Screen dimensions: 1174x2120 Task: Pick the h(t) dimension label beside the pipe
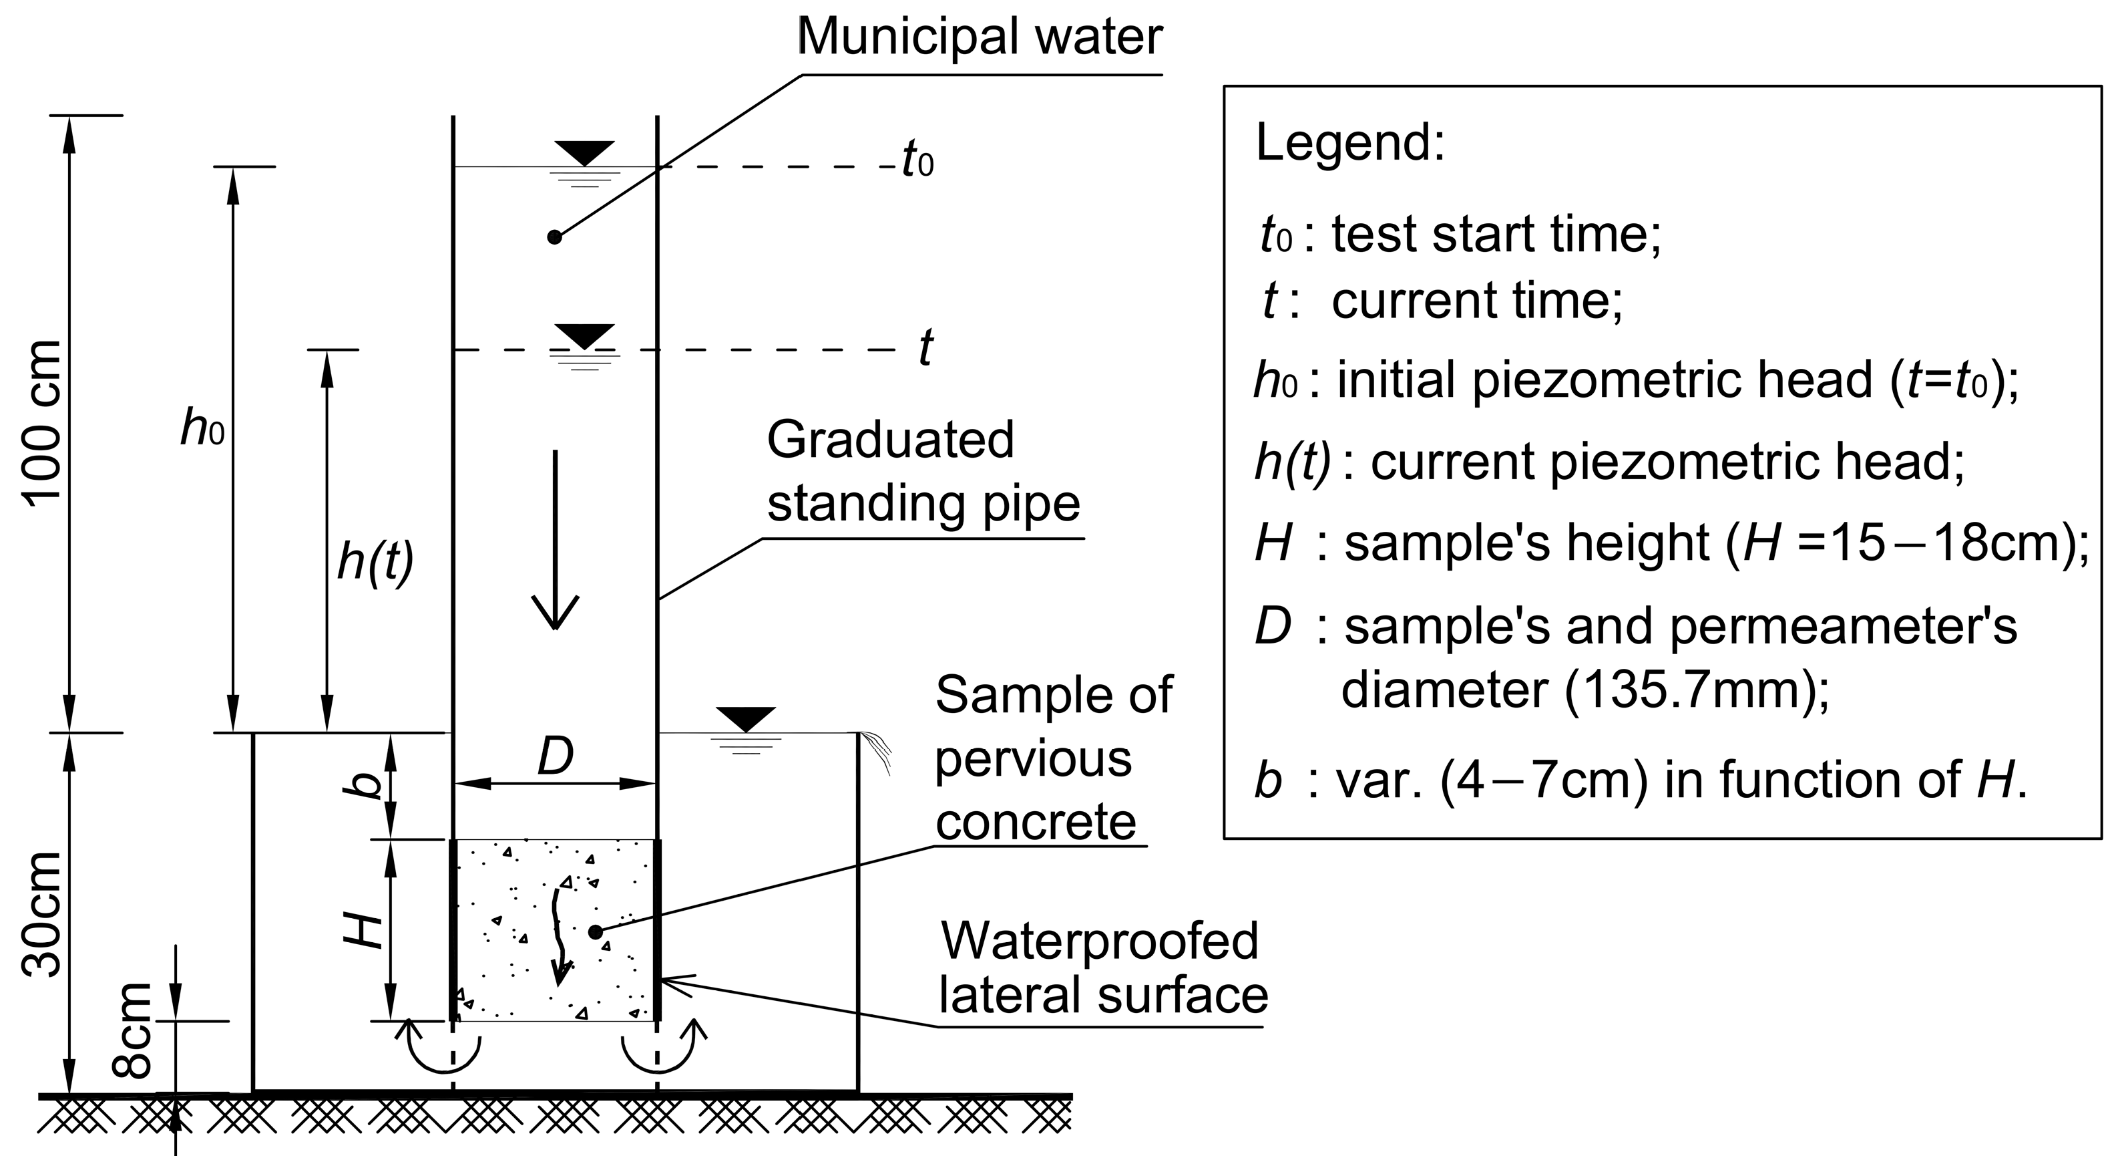pyautogui.click(x=375, y=564)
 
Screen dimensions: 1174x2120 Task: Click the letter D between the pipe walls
pyautogui.click(x=556, y=756)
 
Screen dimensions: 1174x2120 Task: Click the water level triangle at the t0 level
pyautogui.click(x=584, y=153)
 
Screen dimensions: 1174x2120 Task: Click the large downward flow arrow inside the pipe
pyautogui.click(x=556, y=539)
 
